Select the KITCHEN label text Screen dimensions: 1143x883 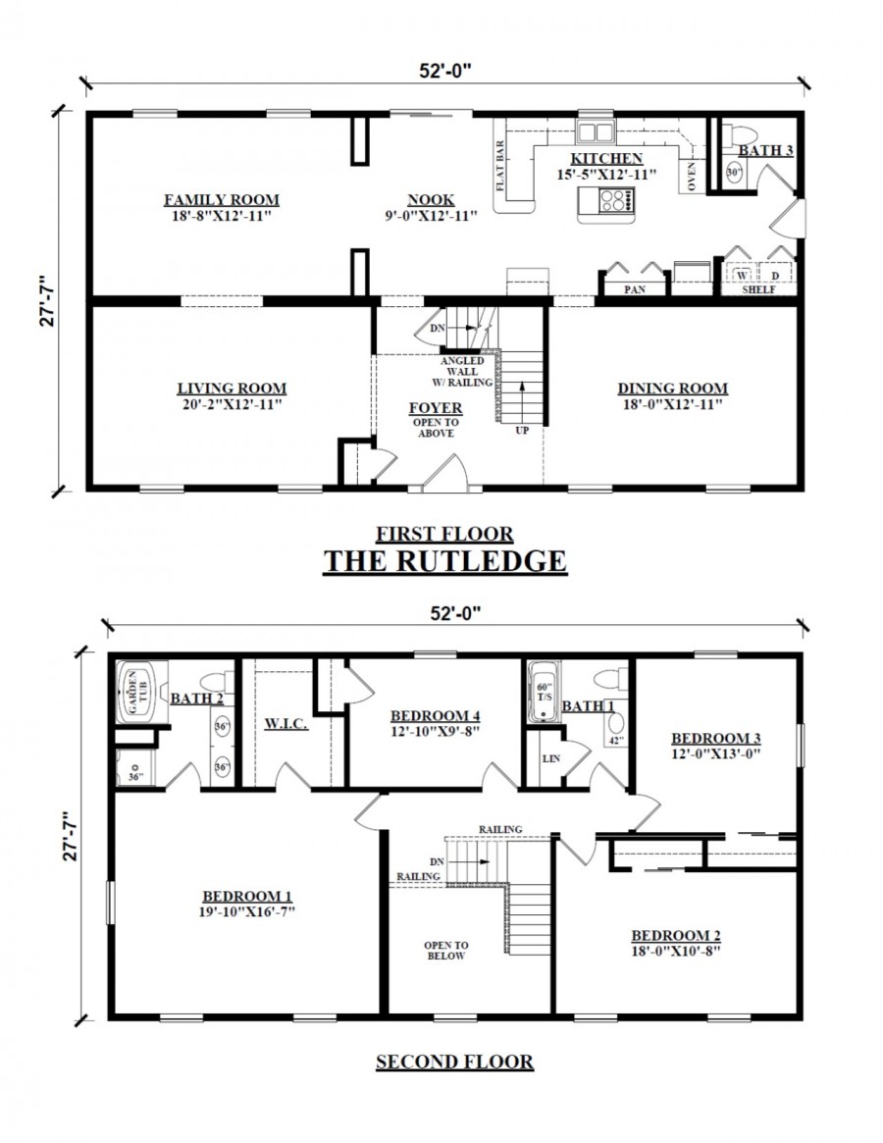coord(606,159)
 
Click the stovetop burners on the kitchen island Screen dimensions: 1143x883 coord(614,201)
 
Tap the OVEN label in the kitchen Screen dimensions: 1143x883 coord(693,177)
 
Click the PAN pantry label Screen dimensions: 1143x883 coord(634,290)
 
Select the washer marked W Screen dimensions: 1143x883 coord(743,276)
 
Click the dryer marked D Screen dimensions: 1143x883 coord(774,276)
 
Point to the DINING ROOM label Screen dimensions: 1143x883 coord(672,389)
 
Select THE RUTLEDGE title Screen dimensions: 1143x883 coord(444,561)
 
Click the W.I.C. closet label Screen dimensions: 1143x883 coord(286,724)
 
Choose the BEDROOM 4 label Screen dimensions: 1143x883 coord(434,715)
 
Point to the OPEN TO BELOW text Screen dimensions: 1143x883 coord(445,950)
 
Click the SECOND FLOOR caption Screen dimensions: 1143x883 coord(454,1062)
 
